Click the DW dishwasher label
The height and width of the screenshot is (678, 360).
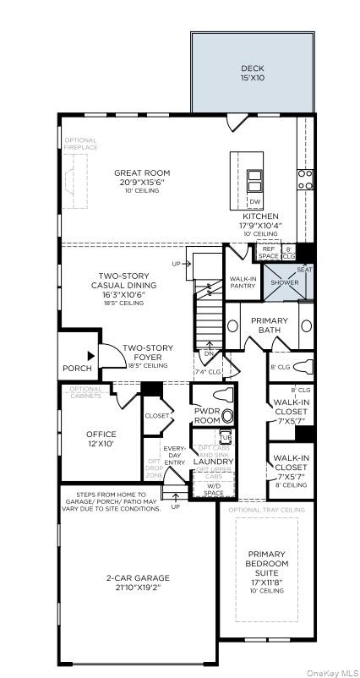coord(254,202)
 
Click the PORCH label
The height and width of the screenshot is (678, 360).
coord(77,369)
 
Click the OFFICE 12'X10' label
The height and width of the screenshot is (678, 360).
coord(101,439)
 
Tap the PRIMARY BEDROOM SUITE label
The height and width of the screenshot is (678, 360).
coord(268,568)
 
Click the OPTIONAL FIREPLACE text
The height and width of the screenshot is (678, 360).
coord(81,144)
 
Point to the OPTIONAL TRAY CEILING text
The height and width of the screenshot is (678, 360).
coord(266,510)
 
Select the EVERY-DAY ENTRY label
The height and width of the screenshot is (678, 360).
coord(174,454)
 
